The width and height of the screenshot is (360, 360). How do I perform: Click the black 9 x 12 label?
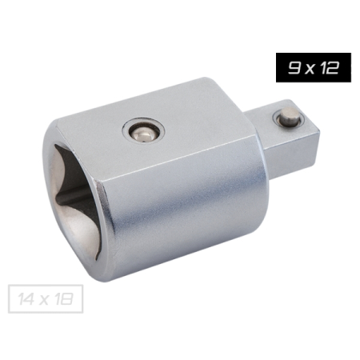(x=314, y=67)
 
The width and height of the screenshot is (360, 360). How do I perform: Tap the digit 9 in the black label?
(x=294, y=68)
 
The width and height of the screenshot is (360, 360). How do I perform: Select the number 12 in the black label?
(x=330, y=68)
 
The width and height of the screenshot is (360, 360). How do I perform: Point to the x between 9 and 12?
(x=310, y=70)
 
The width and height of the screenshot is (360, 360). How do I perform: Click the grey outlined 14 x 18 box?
(x=46, y=298)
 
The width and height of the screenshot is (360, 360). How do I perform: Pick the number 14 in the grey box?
(x=26, y=299)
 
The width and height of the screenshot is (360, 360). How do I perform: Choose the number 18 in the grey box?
(x=65, y=299)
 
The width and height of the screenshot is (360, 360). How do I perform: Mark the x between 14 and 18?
(x=44, y=301)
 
